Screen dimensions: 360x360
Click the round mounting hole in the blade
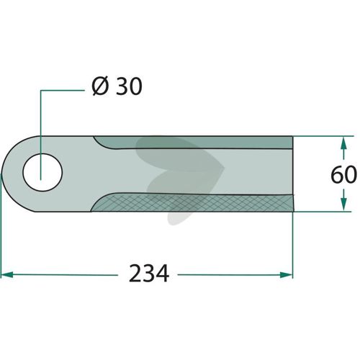click(x=42, y=172)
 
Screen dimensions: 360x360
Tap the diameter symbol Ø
click(x=99, y=86)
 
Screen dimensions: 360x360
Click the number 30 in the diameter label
click(x=129, y=86)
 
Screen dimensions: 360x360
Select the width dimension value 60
click(x=343, y=174)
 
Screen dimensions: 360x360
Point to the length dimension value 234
click(x=149, y=274)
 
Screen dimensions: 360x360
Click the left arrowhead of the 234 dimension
click(x=7, y=274)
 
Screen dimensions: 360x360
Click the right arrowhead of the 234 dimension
click(x=287, y=275)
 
